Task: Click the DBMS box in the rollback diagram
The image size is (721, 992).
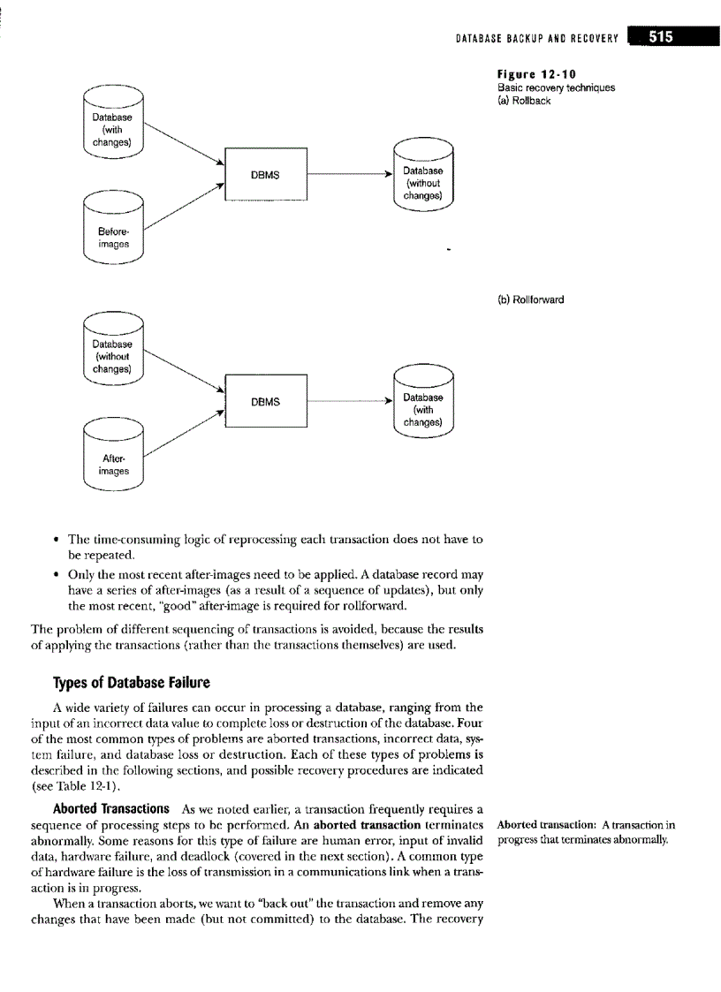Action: click(266, 175)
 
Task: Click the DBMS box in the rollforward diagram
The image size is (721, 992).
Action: click(266, 402)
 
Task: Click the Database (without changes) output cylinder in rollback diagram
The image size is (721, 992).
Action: click(422, 174)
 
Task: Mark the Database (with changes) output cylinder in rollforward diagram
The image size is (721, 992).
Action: click(422, 402)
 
